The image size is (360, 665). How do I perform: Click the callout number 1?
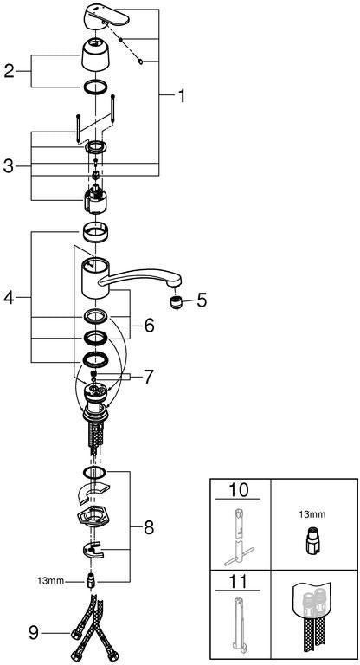click(181, 96)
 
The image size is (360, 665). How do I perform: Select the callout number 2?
click(10, 71)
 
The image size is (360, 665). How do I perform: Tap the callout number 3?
click(9, 166)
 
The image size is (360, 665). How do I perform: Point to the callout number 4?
click(9, 298)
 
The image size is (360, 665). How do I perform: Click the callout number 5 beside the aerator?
click(202, 300)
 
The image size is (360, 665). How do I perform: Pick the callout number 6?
click(149, 326)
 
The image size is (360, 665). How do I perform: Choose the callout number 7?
click(147, 377)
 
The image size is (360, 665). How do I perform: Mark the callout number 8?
click(149, 528)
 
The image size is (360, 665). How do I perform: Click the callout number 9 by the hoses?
click(34, 633)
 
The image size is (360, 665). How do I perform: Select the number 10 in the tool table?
click(237, 490)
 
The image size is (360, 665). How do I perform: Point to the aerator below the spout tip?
click(175, 303)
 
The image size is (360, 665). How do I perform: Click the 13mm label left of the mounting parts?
click(51, 581)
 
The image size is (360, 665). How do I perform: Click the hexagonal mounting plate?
click(94, 517)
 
